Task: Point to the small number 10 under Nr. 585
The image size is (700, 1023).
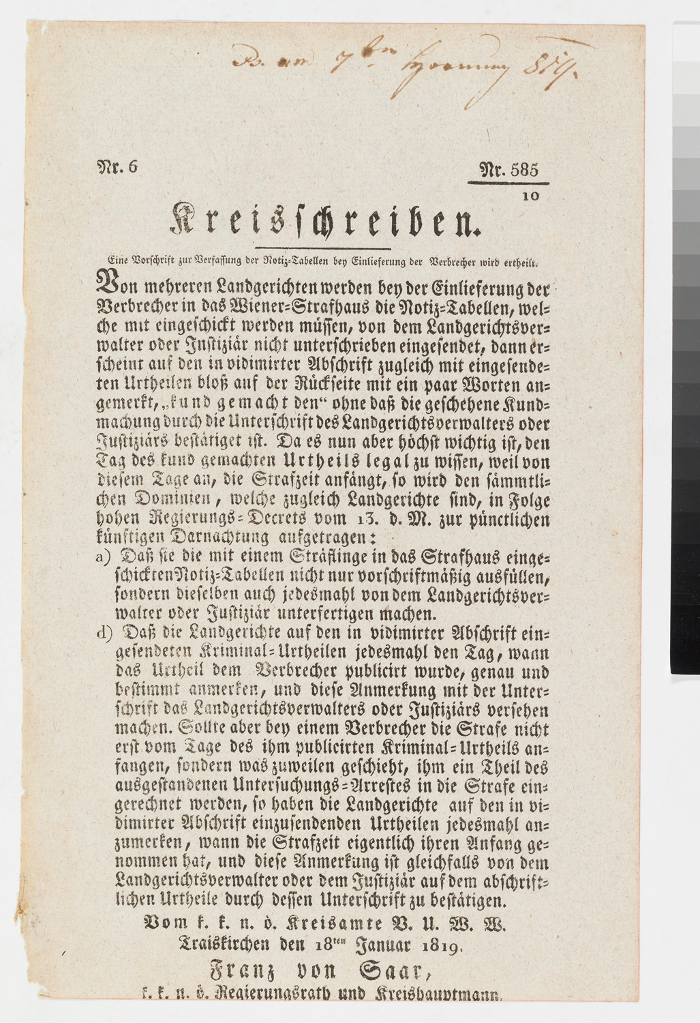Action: [x=532, y=196]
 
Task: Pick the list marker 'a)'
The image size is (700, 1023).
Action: [x=104, y=557]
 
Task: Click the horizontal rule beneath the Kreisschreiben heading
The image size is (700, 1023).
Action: [x=322, y=248]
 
